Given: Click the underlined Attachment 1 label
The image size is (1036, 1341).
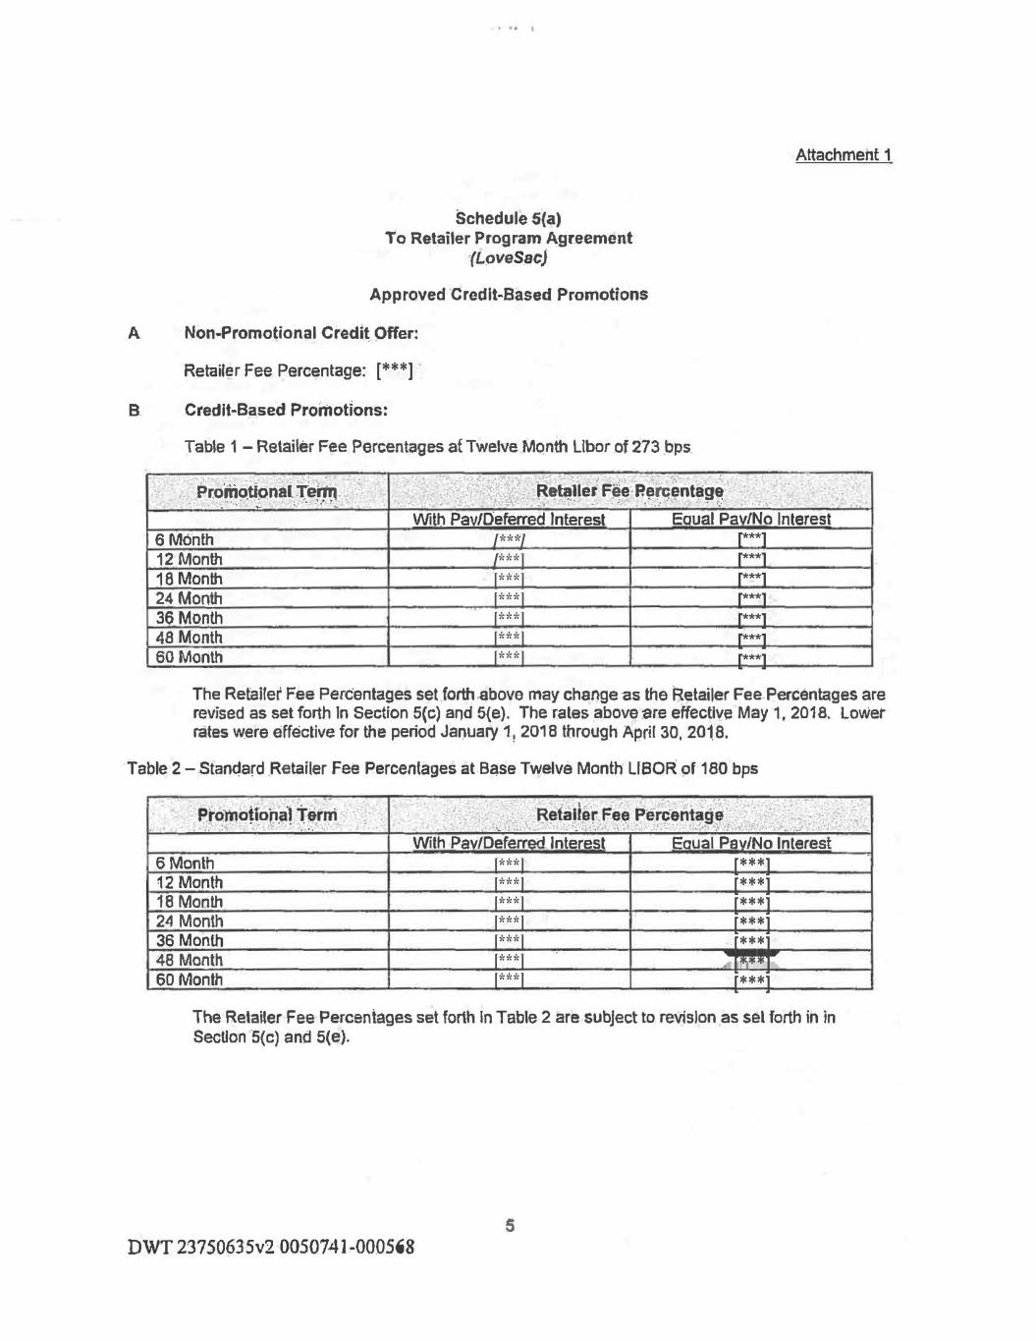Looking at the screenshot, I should tap(844, 155).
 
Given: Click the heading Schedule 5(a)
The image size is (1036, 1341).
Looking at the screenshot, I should tap(508, 217).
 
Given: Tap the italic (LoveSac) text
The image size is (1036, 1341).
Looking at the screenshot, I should tap(508, 258).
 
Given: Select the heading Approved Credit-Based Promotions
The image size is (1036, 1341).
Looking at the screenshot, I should tap(508, 295).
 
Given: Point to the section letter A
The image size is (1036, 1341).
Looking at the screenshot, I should tap(134, 333).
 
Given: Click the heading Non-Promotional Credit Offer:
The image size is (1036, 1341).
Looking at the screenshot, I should tap(300, 333).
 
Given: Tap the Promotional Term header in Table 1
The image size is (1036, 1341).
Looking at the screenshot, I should tap(266, 491).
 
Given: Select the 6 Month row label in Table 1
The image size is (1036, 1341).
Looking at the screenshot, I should tap(185, 539).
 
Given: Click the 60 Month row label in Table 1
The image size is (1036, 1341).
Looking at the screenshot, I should tap(189, 657).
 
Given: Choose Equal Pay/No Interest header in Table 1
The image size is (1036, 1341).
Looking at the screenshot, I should tap(750, 519).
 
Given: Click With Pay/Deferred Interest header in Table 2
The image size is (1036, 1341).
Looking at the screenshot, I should tap(508, 843).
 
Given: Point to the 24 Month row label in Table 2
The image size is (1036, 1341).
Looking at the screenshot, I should tap(189, 921).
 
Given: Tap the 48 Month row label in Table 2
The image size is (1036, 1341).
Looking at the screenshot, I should tap(189, 960).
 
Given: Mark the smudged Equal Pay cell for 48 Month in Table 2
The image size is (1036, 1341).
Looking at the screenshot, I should tap(751, 960).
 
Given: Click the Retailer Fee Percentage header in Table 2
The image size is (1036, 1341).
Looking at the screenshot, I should tap(629, 814).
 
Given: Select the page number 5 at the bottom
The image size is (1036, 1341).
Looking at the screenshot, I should tap(510, 1225).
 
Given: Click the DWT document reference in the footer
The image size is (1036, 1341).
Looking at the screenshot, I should tap(271, 1248).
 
